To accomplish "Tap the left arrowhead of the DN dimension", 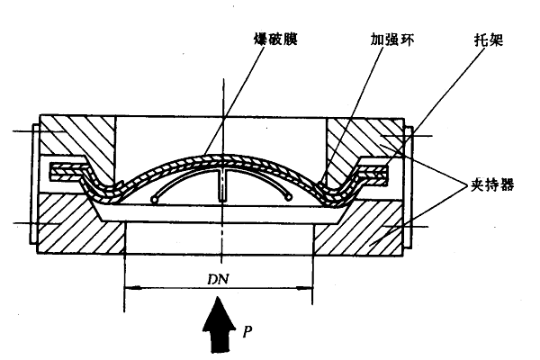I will (x=130, y=289).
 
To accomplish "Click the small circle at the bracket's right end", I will (x=289, y=196).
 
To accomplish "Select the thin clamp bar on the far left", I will (x=33, y=184).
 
